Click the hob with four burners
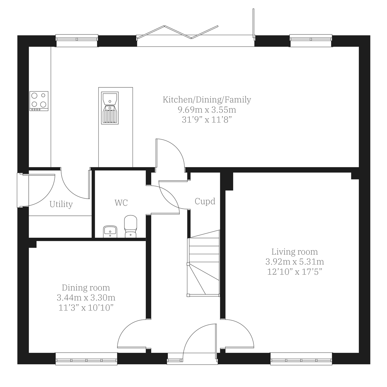click(39, 101)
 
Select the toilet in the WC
click(131, 226)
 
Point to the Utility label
click(61, 204)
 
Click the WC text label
click(121, 203)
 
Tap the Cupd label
click(205, 201)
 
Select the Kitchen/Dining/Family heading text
click(207, 100)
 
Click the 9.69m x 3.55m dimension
click(207, 110)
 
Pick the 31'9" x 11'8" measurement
click(207, 120)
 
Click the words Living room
click(294, 252)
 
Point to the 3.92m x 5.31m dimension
click(294, 262)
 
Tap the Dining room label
click(86, 287)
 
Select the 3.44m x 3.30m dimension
click(86, 297)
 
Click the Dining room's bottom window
click(86, 359)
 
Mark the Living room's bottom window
click(301, 359)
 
